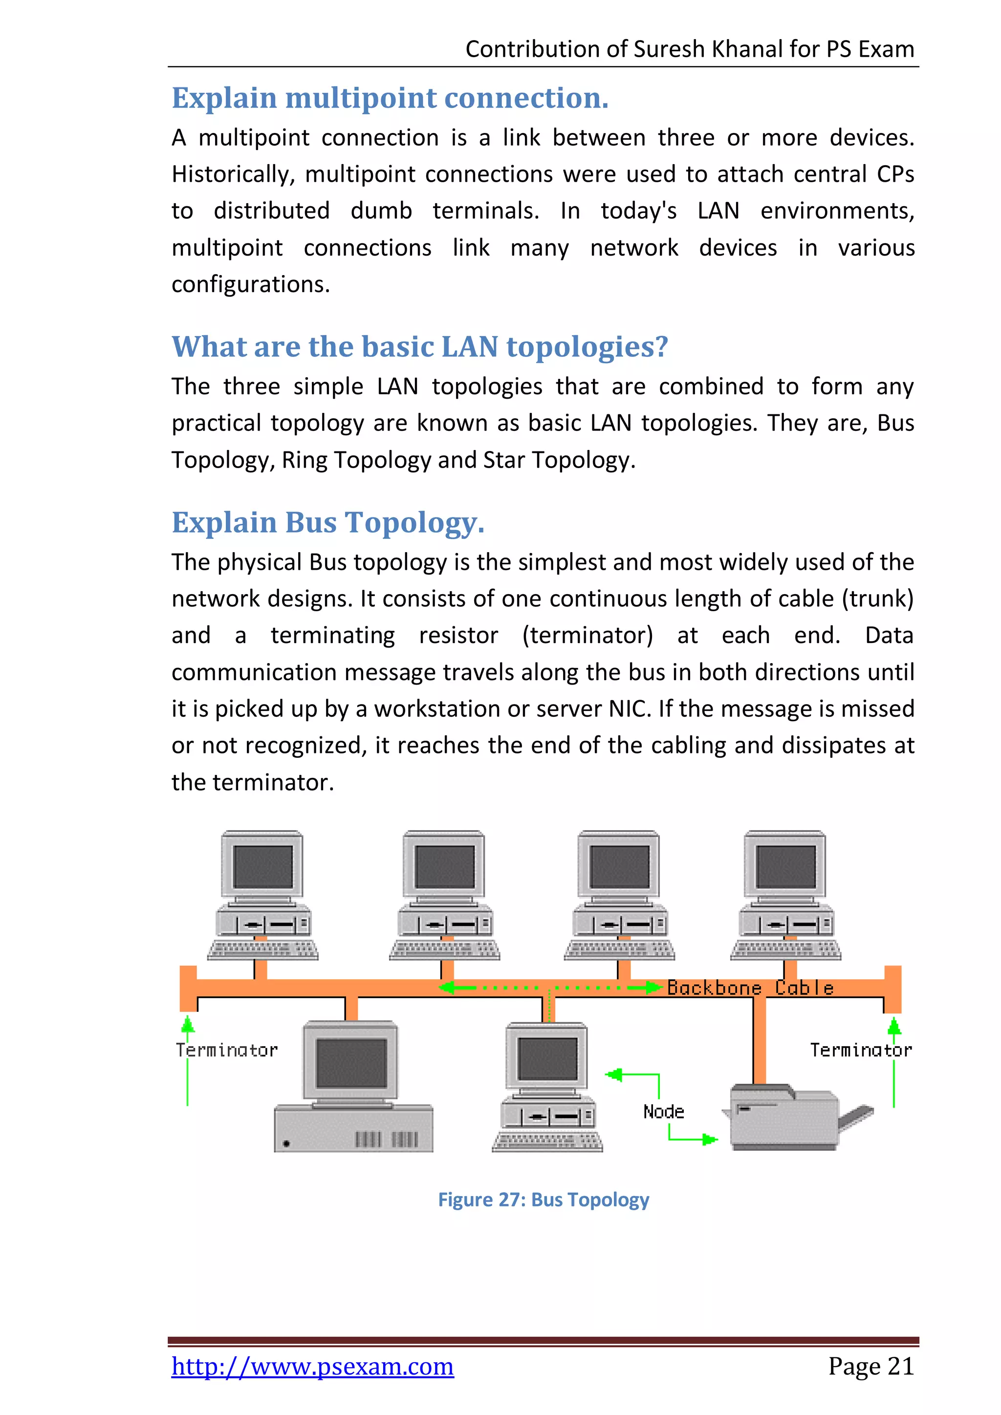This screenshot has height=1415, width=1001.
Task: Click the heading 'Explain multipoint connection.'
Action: (x=390, y=98)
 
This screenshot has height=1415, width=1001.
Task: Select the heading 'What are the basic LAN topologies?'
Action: (x=419, y=346)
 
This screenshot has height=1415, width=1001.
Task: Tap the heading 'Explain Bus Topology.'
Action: (x=328, y=523)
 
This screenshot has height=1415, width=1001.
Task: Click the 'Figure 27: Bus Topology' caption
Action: (x=543, y=1200)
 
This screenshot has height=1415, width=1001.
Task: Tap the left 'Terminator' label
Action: (x=226, y=1050)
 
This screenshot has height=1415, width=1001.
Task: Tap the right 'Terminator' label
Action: (x=860, y=1050)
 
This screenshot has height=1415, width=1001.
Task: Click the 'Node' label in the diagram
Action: (x=663, y=1112)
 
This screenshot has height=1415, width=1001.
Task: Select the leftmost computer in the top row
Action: (x=262, y=895)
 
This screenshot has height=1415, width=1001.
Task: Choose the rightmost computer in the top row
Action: (x=785, y=895)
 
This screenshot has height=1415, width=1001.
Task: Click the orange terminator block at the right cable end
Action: (x=892, y=988)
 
